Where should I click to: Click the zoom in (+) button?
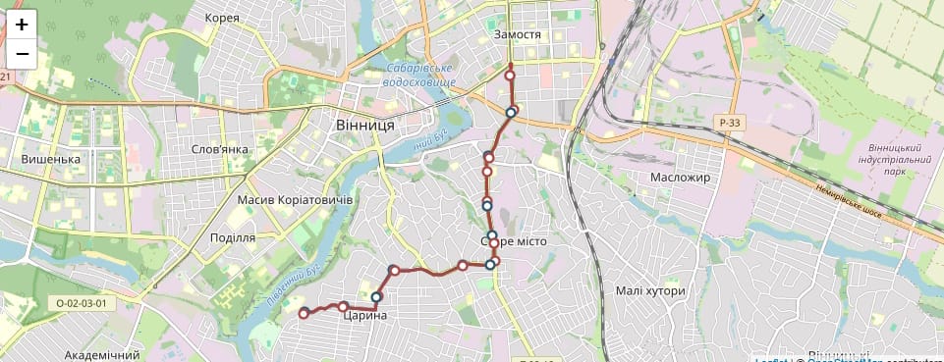pyautogui.click(x=22, y=25)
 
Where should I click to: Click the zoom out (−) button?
pyautogui.click(x=22, y=53)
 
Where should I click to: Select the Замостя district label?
pyautogui.click(x=518, y=34)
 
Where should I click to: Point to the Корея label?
pyautogui.click(x=223, y=18)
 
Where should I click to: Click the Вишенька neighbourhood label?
pyautogui.click(x=50, y=159)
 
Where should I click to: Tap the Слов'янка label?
pyautogui.click(x=221, y=149)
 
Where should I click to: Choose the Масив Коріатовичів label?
pyautogui.click(x=295, y=199)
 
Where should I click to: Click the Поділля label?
pyautogui.click(x=233, y=237)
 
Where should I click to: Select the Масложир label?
pyautogui.click(x=680, y=177)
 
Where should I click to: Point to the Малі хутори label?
pyautogui.click(x=649, y=291)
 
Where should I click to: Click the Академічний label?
pyautogui.click(x=101, y=354)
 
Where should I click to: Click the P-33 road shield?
pyautogui.click(x=729, y=122)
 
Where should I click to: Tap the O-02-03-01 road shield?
pyautogui.click(x=81, y=303)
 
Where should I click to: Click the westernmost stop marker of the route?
pyautogui.click(x=304, y=314)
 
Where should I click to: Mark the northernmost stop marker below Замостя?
pyautogui.click(x=510, y=76)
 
